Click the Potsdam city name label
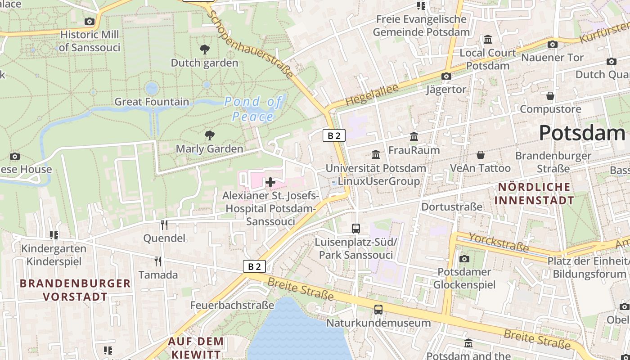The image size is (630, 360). coord(581,133)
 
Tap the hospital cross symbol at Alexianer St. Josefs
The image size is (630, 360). coord(270,182)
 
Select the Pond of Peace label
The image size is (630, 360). coord(253,109)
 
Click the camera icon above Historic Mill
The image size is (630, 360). coord(89,21)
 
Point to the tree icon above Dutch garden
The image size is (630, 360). coord(204,49)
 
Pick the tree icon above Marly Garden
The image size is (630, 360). coord(209,135)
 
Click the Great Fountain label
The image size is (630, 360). coord(152,102)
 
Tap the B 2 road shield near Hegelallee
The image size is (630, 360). coord(334,135)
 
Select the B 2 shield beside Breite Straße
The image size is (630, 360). coord(254,266)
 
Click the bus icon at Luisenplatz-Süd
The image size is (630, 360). coord(356,229)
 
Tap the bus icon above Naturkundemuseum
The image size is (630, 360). coord(378,310)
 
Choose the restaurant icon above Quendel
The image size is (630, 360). coord(164,225)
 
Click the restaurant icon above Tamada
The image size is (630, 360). coord(158,261)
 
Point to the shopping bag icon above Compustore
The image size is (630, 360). coord(550,96)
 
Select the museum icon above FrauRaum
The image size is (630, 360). coord(414,136)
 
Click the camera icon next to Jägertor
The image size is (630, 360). coord(446,76)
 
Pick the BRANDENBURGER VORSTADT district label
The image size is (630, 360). coord(75,290)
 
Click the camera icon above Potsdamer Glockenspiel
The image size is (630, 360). coord(464,259)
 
